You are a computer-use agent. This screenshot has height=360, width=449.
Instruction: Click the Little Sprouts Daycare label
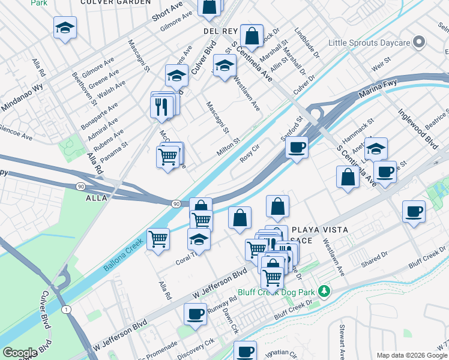(x=370, y=43)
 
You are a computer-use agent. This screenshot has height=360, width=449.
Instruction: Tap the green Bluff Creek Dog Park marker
(x=325, y=291)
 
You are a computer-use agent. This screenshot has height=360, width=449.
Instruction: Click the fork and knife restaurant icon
(x=161, y=106)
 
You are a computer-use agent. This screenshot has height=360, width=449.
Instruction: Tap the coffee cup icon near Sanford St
(x=296, y=146)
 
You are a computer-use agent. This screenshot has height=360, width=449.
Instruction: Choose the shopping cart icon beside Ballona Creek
(x=158, y=238)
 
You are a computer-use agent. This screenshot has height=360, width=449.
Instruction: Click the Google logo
(x=20, y=353)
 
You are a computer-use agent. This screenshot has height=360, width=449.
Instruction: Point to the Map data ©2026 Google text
(x=411, y=355)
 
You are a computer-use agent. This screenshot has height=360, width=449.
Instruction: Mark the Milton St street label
(x=228, y=148)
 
